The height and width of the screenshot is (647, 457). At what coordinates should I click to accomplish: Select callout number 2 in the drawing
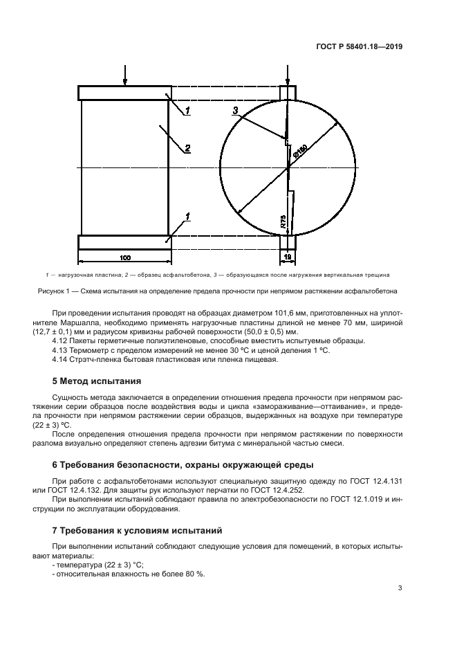(187, 147)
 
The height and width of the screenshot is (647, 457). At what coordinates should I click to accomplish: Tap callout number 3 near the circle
(235, 111)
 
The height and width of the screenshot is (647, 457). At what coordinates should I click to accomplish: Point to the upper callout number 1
(187, 110)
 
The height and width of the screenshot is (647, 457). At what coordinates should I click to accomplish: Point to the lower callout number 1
(187, 217)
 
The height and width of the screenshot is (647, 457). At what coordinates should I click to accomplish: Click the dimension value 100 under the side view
(124, 257)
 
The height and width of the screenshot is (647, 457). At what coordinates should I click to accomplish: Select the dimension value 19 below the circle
(287, 257)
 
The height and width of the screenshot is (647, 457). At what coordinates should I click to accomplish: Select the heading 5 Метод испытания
(97, 381)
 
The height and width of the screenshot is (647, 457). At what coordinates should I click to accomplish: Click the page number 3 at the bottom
(400, 589)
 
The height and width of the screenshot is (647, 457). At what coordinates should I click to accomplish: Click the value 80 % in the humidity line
(197, 574)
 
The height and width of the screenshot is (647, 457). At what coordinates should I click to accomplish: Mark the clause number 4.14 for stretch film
(60, 359)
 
